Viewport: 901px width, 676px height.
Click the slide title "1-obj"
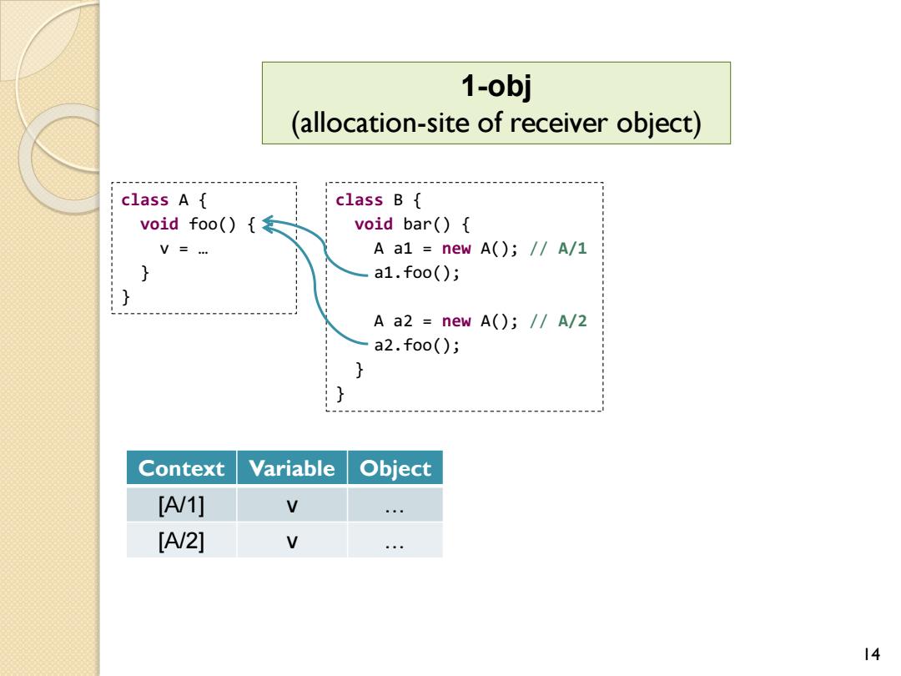[496, 86]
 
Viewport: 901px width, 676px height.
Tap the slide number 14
[871, 654]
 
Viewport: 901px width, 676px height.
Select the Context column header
[181, 468]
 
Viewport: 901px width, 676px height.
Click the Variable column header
[292, 468]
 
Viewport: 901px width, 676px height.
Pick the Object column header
[395, 468]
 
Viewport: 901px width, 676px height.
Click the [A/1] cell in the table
[181, 505]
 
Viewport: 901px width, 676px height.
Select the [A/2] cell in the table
[181, 540]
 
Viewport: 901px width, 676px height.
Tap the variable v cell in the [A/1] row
[292, 505]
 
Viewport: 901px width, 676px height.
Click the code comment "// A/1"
[558, 249]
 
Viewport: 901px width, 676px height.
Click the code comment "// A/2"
[558, 320]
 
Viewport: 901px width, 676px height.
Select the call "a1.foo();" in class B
[416, 272]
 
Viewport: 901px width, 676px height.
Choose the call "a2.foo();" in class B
[416, 345]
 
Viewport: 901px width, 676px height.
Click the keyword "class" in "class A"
[145, 199]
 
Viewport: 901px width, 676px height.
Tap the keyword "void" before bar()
[374, 224]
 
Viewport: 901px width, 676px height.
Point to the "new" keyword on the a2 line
[456, 320]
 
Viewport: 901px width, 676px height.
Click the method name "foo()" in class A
[212, 224]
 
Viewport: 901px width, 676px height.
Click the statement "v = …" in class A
[184, 249]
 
